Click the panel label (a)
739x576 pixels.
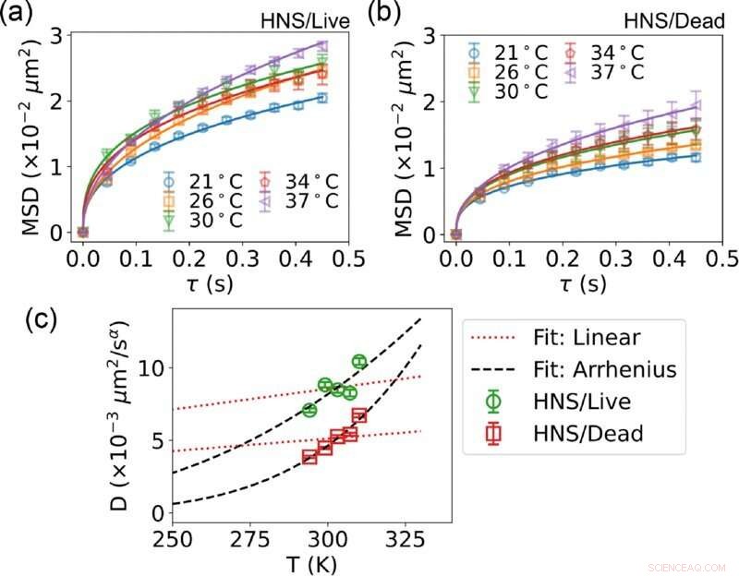pos(20,17)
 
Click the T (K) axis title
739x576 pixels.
pos(311,562)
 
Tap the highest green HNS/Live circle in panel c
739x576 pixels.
pos(359,361)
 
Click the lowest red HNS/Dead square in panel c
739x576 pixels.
pos(309,457)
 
